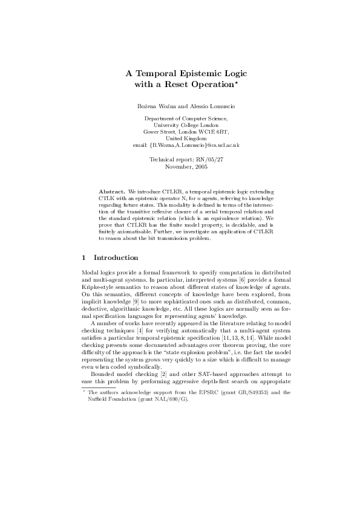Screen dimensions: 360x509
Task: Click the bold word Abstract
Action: (x=111, y=191)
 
